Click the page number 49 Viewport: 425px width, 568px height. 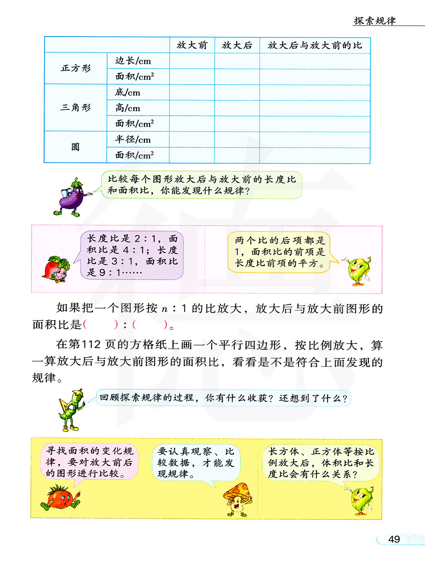point(394,539)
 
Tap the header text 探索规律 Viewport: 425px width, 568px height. point(375,21)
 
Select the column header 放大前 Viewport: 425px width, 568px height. point(192,45)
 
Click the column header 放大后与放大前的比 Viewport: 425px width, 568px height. point(314,45)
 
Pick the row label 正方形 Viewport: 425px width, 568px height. point(76,68)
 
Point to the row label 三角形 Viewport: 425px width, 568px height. point(76,108)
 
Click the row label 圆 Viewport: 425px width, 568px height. point(76,147)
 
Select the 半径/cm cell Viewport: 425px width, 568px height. point(133,139)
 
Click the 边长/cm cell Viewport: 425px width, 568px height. point(133,61)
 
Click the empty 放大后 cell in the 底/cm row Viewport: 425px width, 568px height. point(237,92)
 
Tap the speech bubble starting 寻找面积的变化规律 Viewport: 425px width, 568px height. point(90,462)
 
